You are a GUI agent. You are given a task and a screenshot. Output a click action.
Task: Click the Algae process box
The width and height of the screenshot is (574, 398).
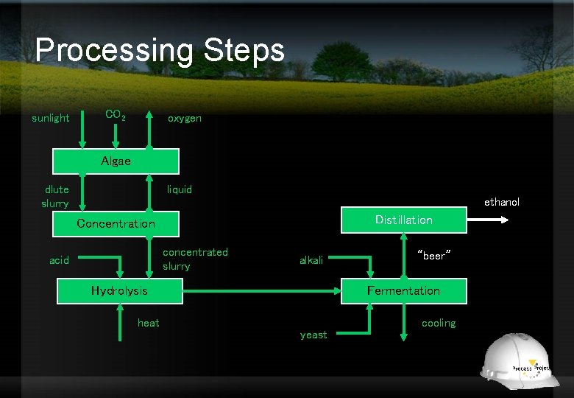116,161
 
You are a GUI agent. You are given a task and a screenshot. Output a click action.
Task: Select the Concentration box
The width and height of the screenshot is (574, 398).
116,223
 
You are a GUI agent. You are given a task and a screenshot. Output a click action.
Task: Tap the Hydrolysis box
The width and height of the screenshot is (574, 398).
119,290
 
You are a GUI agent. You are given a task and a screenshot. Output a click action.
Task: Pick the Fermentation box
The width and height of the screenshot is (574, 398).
403,290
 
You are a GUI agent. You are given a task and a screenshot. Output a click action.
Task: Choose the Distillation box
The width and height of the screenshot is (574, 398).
403,220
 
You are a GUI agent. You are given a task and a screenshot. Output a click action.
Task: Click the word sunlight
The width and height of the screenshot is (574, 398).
51,118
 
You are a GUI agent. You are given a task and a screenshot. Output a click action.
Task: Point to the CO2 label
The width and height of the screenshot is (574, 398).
116,115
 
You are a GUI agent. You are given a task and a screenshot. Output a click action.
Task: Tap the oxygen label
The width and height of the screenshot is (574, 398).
184,118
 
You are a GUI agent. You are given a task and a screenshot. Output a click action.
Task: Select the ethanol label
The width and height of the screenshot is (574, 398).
501,202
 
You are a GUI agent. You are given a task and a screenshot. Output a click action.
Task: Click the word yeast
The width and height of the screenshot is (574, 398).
313,335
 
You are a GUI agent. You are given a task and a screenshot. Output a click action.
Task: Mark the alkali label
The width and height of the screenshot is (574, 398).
311,260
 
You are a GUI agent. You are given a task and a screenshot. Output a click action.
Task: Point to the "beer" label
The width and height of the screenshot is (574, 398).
433,256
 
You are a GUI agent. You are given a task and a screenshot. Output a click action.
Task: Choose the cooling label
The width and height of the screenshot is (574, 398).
439,323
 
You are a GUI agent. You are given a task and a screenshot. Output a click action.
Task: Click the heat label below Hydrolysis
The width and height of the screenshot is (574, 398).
149,323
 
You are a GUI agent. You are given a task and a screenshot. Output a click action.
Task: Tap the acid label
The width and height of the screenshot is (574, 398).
60,260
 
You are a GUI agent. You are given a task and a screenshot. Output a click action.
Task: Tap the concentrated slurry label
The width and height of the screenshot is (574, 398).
195,259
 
